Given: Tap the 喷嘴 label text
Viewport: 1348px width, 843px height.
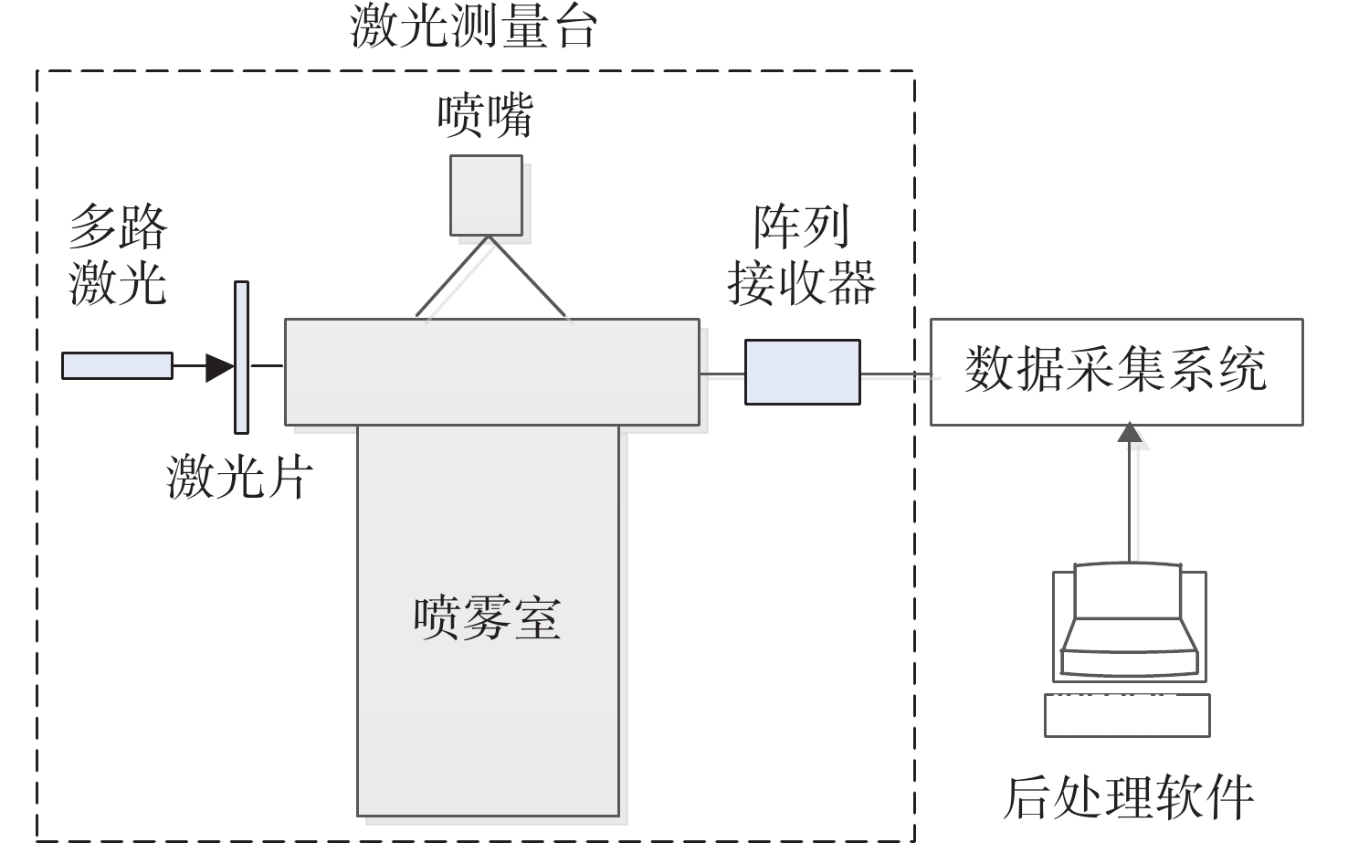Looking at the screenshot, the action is (x=485, y=115).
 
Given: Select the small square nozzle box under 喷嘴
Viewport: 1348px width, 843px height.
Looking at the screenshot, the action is (x=486, y=195).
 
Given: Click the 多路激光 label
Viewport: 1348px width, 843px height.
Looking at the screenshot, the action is (x=118, y=255).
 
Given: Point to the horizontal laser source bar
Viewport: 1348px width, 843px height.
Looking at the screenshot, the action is (x=117, y=366).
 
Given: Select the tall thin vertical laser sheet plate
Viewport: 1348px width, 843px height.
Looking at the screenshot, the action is (x=241, y=357).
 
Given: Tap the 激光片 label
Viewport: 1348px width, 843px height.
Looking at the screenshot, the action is (x=239, y=477).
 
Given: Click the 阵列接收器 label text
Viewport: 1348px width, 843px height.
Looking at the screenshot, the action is (x=802, y=255).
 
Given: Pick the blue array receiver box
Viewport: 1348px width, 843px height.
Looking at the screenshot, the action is (x=803, y=372).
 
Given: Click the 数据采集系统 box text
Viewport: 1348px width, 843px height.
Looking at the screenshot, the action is (x=1116, y=370).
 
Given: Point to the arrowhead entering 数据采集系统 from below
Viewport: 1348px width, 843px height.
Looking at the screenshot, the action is (x=1130, y=432).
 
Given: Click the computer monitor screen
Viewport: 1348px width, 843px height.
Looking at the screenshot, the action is (x=1128, y=591).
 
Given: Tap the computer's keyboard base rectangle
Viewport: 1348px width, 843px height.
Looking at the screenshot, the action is (x=1127, y=715).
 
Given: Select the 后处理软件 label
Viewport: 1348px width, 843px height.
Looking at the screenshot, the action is (x=1129, y=797).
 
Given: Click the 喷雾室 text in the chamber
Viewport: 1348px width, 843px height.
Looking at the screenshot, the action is (x=487, y=618).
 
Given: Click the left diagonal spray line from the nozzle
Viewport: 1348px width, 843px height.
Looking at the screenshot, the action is (x=452, y=276).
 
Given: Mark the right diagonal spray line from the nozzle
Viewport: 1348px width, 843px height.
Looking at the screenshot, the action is (x=528, y=276).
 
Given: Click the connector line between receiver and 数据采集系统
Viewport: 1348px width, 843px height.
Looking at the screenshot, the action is (x=896, y=374).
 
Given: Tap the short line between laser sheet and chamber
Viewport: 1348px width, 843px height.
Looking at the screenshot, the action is (x=267, y=366).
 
